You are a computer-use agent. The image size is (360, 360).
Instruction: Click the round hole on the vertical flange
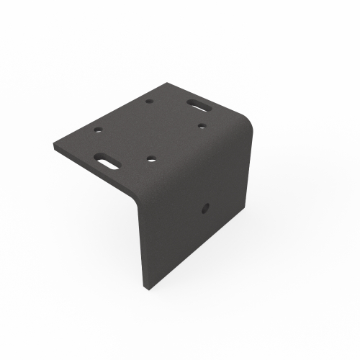(204, 209)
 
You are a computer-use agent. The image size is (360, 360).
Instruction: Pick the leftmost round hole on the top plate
(98, 131)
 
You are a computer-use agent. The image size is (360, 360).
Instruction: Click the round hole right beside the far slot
(203, 127)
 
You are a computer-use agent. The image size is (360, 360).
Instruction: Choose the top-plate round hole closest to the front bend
(151, 157)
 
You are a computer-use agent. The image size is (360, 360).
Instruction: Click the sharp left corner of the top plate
(55, 145)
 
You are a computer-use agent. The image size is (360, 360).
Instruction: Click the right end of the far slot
(208, 104)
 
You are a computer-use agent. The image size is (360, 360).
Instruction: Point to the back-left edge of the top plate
(108, 114)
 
